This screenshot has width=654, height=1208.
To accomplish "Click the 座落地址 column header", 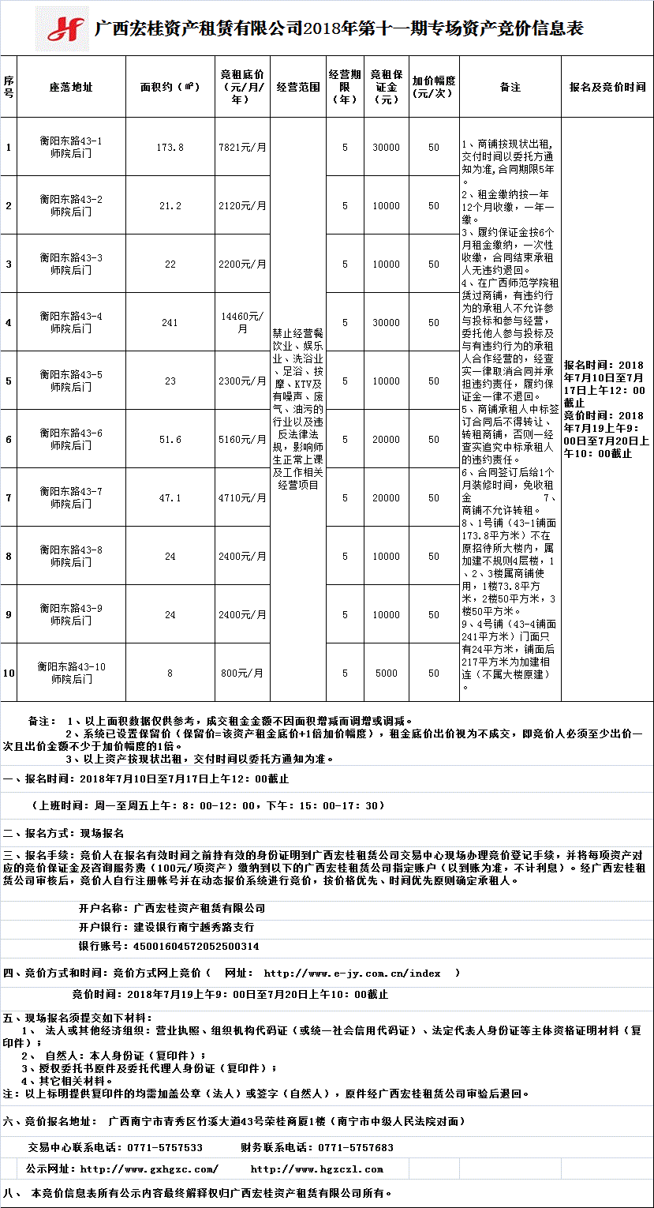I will click(71, 87).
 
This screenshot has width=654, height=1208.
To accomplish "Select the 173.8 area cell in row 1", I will click(170, 147).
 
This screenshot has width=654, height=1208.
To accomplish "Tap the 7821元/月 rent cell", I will click(242, 147).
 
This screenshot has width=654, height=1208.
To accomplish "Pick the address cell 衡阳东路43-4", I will click(71, 322).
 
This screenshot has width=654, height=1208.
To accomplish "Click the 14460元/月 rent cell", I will click(242, 322).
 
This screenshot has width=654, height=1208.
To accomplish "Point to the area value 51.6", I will click(170, 439).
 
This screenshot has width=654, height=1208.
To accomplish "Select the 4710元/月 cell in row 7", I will click(242, 497).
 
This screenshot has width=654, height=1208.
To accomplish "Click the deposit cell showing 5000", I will click(387, 673).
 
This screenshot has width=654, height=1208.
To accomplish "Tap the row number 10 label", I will click(9, 673).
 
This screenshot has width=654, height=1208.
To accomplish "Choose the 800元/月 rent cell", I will click(242, 673).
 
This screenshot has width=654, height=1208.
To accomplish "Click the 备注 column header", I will click(510, 87).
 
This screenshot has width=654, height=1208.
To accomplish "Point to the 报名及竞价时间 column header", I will click(607, 87).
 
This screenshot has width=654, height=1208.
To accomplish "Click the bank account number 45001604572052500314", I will click(196, 946).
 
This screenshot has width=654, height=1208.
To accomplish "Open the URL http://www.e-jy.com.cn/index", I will click(352, 974).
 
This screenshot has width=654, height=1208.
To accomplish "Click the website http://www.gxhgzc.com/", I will click(149, 1169).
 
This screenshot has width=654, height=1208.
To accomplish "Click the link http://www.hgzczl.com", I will click(316, 1169).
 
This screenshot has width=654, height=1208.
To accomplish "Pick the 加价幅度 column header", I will click(434, 87).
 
